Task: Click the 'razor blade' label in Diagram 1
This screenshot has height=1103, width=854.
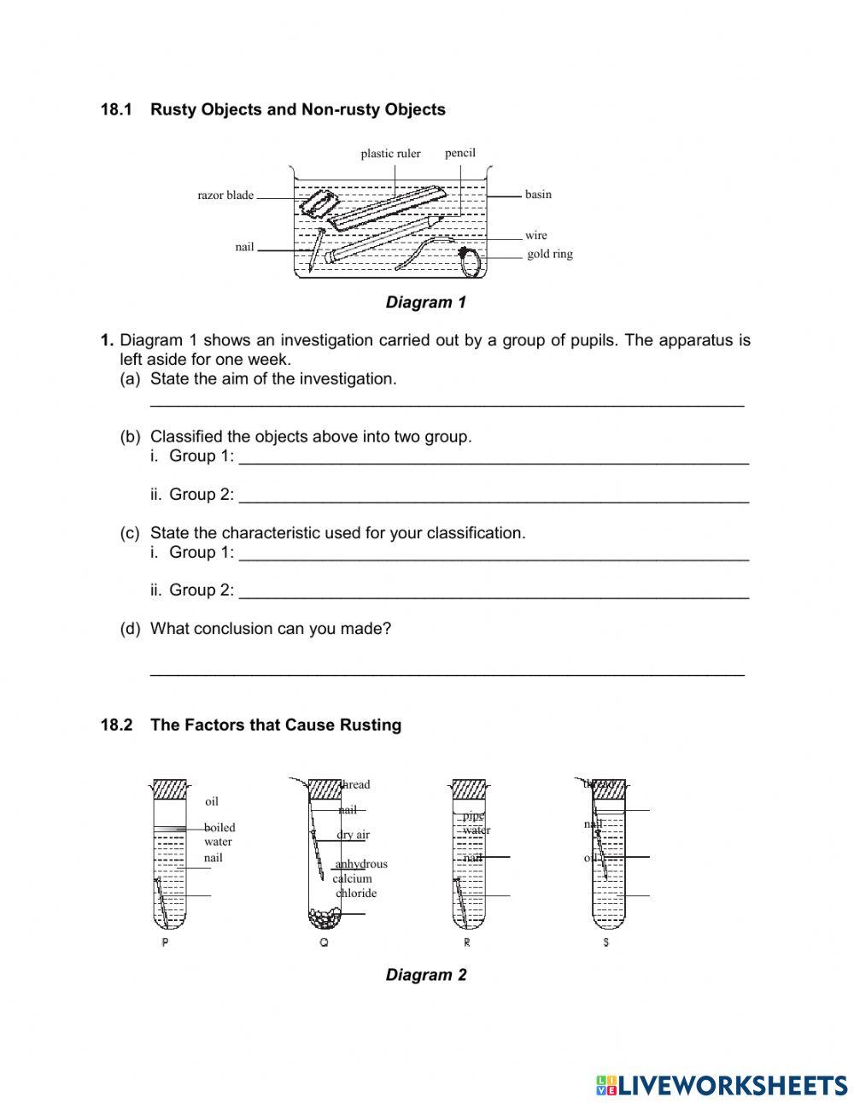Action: (225, 196)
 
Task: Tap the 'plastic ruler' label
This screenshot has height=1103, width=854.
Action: (390, 154)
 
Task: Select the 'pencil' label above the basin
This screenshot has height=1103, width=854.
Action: (460, 153)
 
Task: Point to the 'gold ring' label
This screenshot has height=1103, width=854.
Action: (550, 255)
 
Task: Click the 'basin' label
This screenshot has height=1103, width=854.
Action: (538, 195)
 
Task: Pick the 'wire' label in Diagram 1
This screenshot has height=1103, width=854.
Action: (536, 236)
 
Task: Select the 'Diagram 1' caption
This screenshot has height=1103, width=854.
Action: (426, 302)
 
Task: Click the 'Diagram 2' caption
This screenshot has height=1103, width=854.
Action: (426, 976)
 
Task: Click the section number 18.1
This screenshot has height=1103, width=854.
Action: (117, 110)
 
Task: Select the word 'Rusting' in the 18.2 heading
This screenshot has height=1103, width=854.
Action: (371, 725)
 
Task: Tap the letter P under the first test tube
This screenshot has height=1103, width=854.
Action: (165, 943)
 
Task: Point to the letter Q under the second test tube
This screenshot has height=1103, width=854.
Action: (324, 943)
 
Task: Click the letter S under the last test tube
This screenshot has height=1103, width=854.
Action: (605, 943)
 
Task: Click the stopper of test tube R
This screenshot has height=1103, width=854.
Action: (469, 789)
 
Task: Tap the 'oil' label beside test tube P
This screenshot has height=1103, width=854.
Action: (212, 802)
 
